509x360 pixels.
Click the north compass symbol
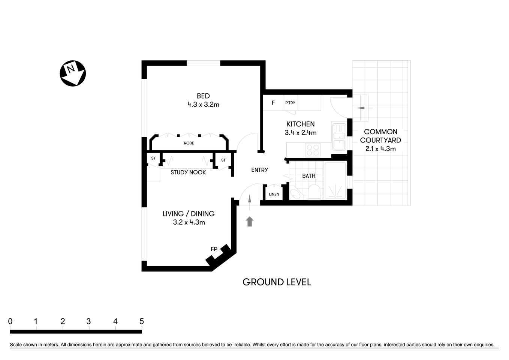73,73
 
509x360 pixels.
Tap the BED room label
203,96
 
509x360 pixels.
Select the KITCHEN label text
300,124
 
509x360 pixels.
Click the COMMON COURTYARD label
380,136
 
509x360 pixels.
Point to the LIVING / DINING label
189,214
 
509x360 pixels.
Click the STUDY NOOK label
188,172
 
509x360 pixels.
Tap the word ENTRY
259,170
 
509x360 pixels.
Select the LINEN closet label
274,194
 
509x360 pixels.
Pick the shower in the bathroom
335,180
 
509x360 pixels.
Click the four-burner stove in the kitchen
313,150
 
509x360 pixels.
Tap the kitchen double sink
339,137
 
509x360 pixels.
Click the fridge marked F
273,103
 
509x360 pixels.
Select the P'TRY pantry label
290,103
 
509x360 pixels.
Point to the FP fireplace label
214,249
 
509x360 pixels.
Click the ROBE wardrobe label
189,143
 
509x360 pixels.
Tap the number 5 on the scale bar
141,321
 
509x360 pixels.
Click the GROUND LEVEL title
277,282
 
